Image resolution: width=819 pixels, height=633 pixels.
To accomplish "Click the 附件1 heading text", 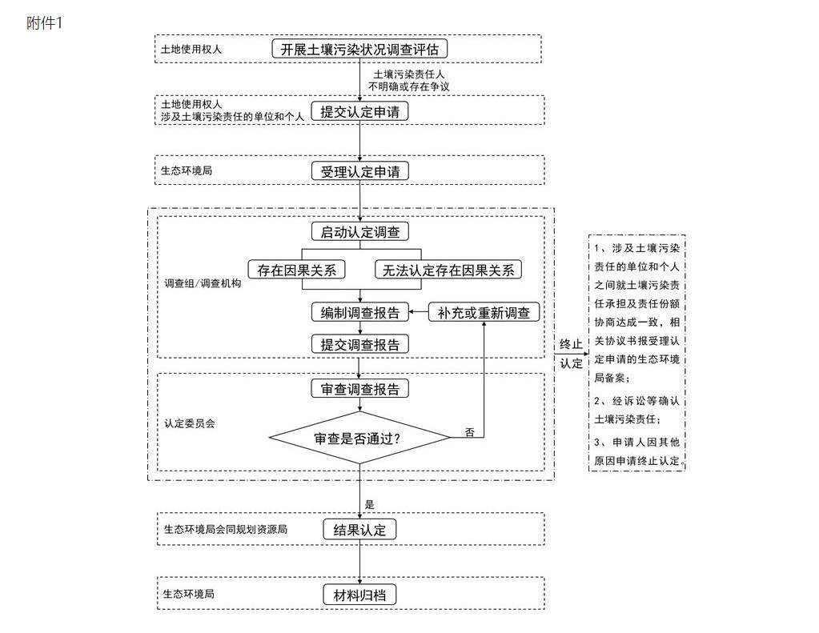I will (44, 22).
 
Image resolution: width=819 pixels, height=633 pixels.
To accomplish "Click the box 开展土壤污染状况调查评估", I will (359, 49).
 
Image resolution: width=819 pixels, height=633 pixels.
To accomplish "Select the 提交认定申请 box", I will (359, 112).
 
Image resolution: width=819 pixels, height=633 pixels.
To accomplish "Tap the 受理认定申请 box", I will (359, 171).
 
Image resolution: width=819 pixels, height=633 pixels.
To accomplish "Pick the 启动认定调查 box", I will (359, 232).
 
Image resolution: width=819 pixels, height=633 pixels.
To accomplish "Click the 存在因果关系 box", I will (296, 270).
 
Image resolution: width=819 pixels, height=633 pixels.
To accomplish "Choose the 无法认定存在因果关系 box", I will (448, 270).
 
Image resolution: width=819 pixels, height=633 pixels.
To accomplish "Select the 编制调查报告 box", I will (359, 313).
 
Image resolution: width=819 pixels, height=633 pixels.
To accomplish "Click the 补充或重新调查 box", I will (484, 313).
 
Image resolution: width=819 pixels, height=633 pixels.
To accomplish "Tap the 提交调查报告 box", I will (359, 344).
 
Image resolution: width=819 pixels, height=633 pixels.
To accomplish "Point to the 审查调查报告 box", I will (359, 389).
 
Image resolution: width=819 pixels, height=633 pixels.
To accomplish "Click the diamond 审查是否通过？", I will (359, 438).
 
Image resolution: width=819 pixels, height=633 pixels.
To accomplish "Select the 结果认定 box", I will (359, 530).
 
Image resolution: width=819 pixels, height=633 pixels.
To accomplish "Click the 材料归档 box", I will (359, 595).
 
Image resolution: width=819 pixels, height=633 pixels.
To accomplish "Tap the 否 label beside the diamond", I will (470, 432).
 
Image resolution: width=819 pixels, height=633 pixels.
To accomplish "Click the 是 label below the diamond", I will (369, 504).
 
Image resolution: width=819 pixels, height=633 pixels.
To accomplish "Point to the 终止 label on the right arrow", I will (571, 344).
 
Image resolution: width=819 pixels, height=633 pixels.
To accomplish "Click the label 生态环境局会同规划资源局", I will (225, 529).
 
